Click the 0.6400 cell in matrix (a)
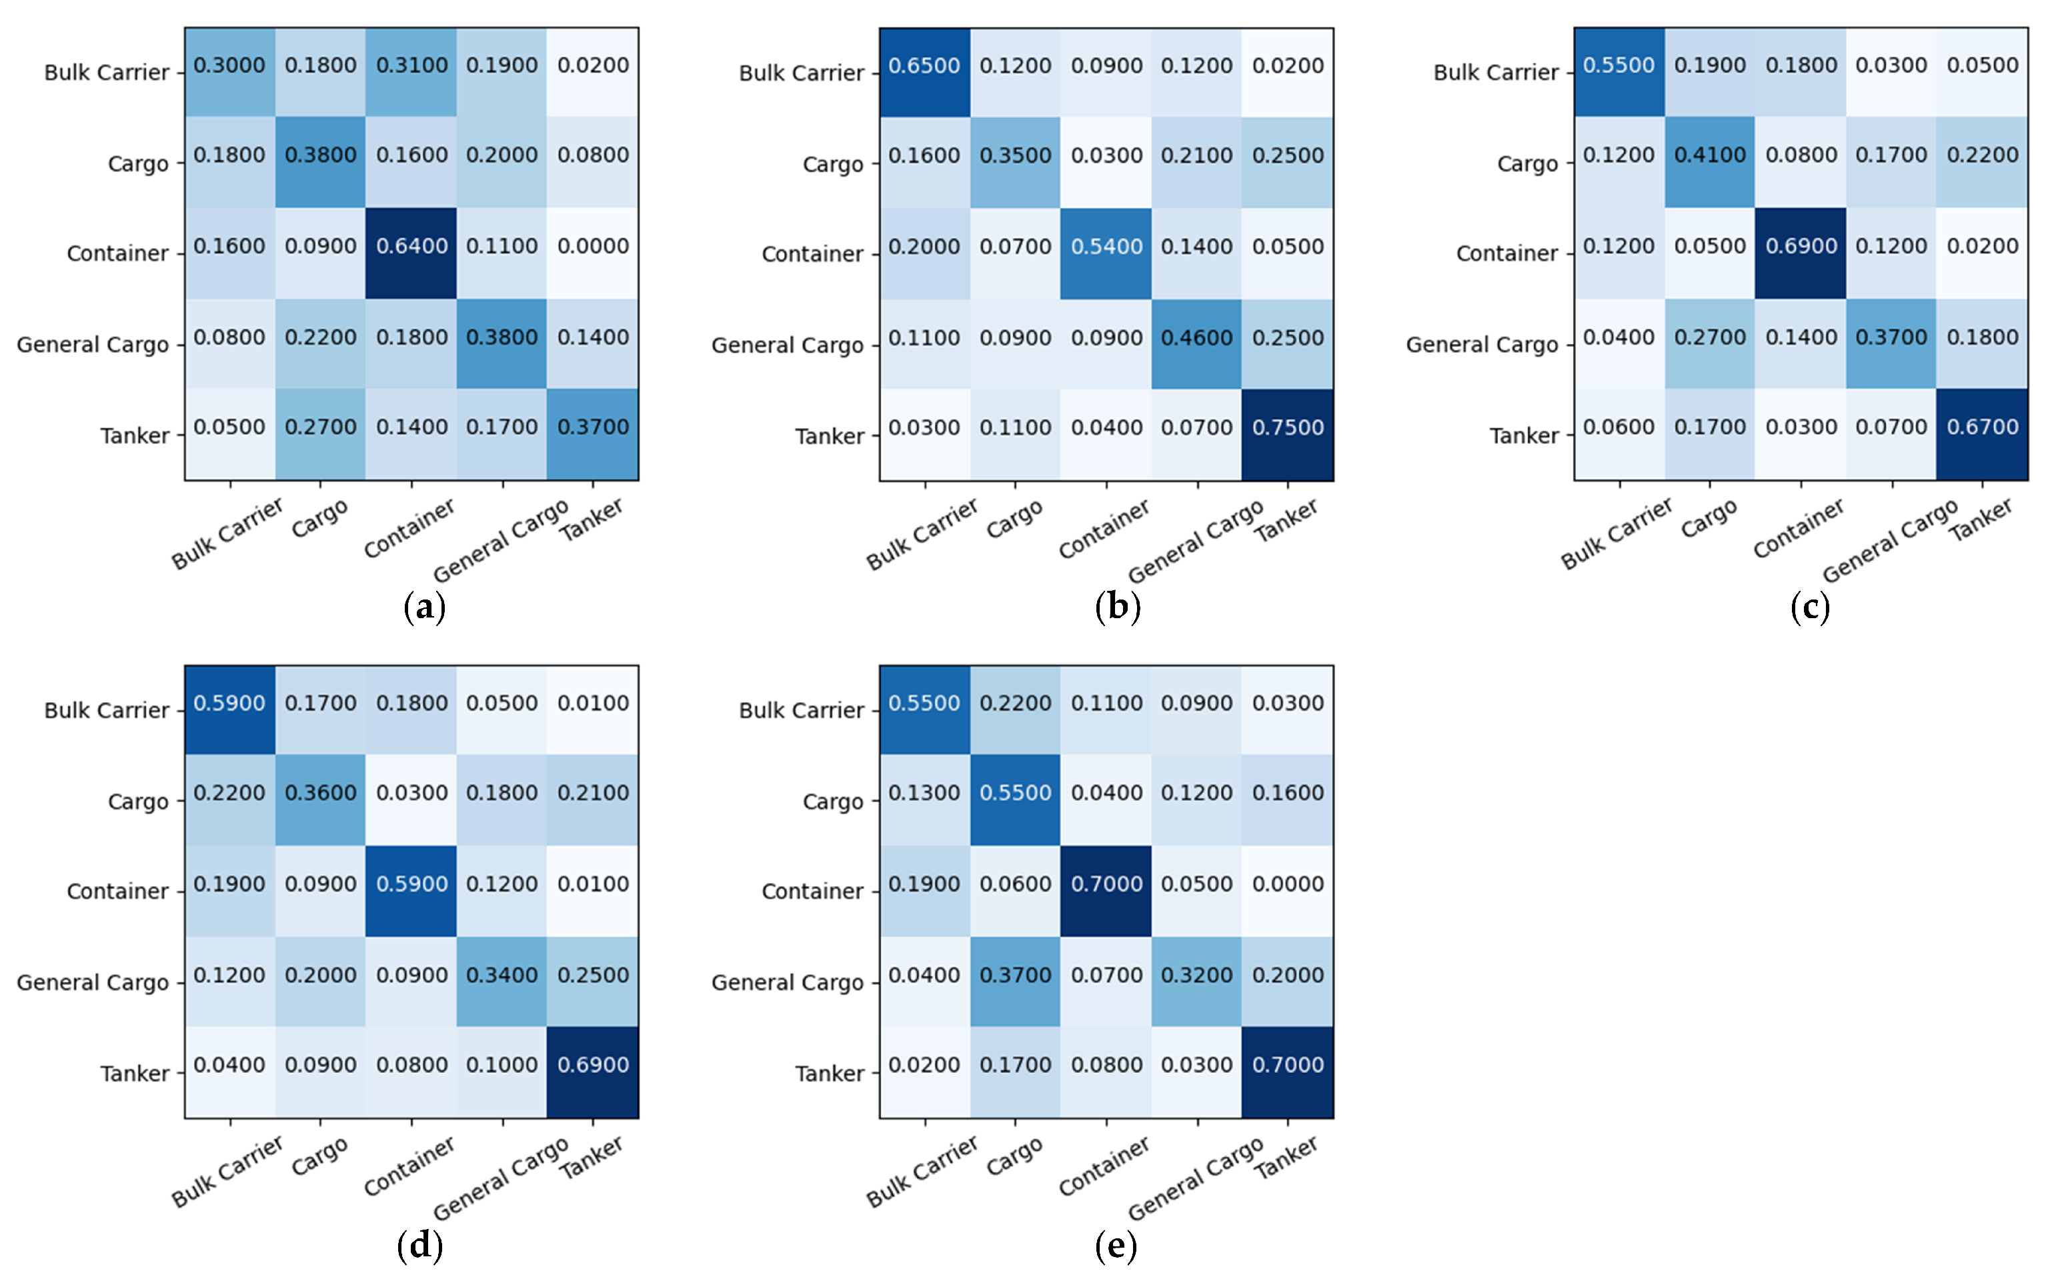tap(411, 246)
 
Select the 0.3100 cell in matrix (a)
tap(411, 65)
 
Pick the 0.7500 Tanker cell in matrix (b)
tap(1288, 428)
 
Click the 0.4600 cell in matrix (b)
tap(1196, 338)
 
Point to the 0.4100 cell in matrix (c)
tap(1710, 155)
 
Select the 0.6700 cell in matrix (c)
tap(1982, 427)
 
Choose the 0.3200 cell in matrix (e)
tap(1196, 976)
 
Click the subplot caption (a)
tap(424, 607)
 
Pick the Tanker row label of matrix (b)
tap(829, 437)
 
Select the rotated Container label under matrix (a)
tap(409, 529)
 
